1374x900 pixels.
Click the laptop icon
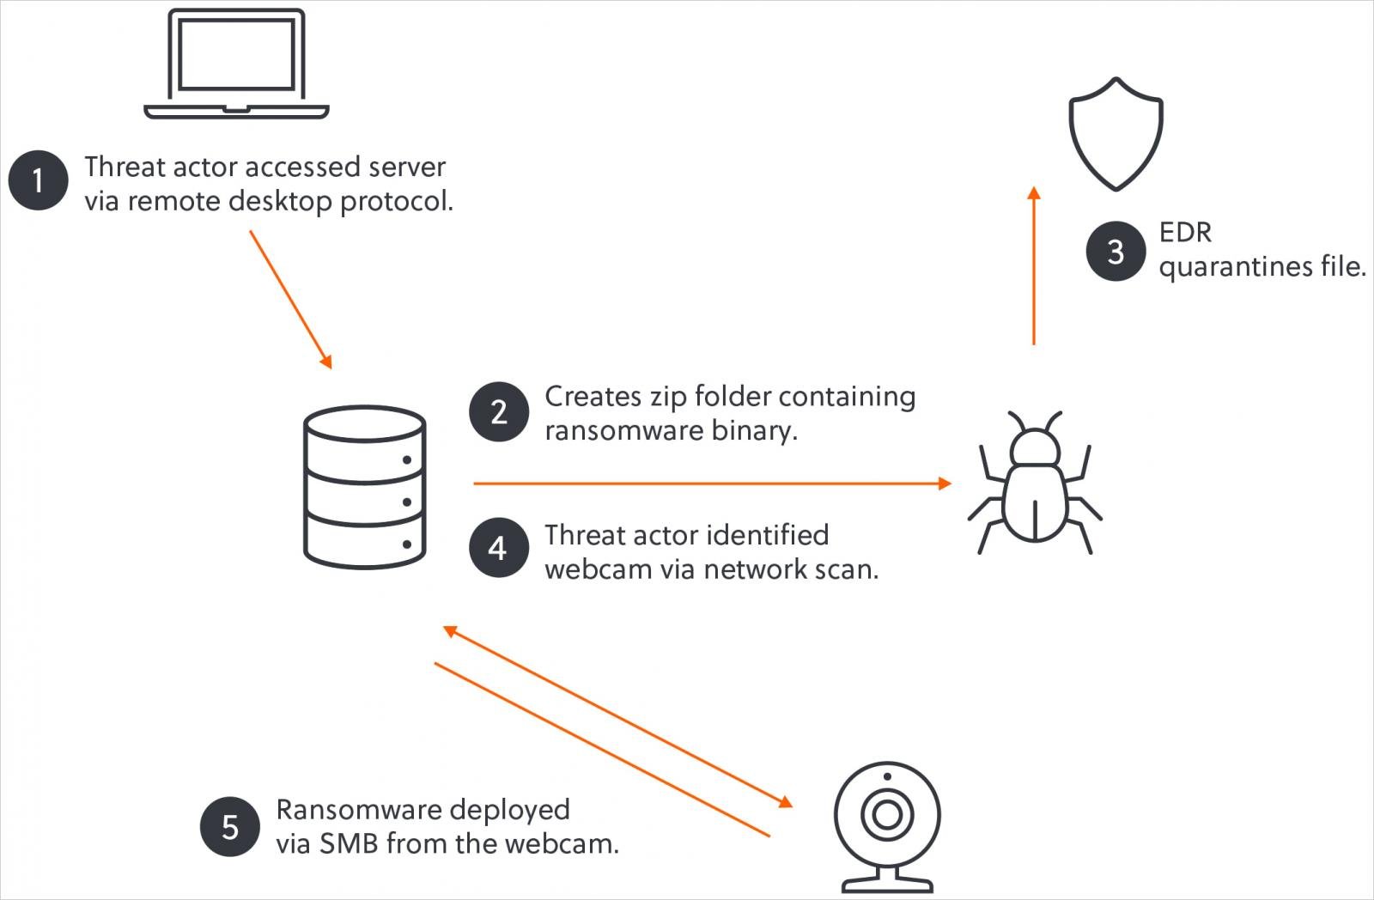[236, 64]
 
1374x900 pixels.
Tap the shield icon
[1116, 134]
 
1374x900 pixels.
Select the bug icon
[1035, 485]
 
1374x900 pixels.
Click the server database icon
[365, 487]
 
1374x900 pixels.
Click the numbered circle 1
[38, 180]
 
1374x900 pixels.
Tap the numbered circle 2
[498, 412]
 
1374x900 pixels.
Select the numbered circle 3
[1115, 252]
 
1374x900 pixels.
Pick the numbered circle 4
[498, 548]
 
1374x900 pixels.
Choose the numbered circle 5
[229, 827]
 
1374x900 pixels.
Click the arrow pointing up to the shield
[1034, 266]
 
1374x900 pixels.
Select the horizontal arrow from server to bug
[713, 483]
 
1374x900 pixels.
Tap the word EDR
[1184, 233]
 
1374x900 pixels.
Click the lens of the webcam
[887, 813]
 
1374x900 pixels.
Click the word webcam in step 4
[598, 569]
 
